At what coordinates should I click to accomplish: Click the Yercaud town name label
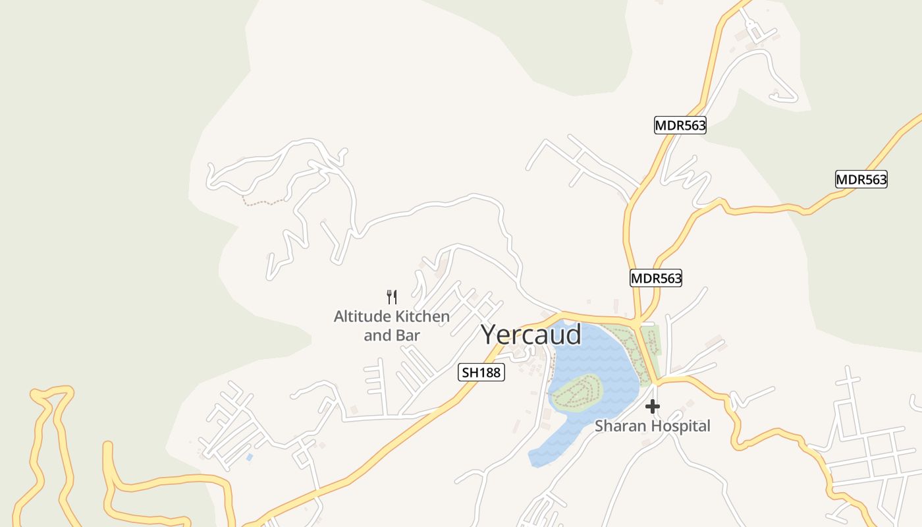tap(531, 335)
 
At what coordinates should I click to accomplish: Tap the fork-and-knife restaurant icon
tap(392, 296)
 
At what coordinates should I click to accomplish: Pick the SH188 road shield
tap(481, 372)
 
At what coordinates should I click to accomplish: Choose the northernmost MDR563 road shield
tap(680, 125)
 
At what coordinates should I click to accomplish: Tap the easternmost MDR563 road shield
tap(861, 179)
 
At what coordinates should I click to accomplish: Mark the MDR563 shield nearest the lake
tap(655, 278)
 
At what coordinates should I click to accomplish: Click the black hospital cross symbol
tap(652, 406)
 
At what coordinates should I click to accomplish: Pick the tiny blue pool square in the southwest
tap(249, 457)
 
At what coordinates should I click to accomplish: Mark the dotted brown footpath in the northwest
tap(263, 202)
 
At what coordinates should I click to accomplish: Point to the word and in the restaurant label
tap(377, 335)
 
